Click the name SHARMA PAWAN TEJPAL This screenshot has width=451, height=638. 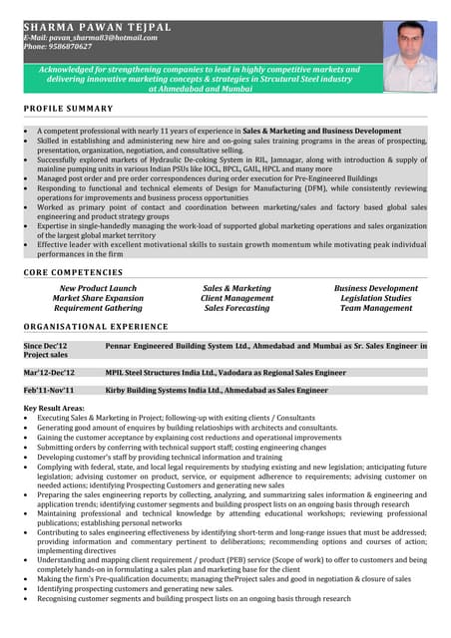click(x=97, y=26)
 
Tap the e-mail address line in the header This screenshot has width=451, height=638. click(x=90, y=37)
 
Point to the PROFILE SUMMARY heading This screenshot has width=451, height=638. click(x=68, y=108)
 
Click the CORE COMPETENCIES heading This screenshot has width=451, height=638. click(x=73, y=271)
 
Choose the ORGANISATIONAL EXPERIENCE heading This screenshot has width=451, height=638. click(x=96, y=326)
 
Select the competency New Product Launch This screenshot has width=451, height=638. click(x=98, y=288)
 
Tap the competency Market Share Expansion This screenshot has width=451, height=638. click(x=98, y=298)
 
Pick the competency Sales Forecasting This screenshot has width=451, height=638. click(x=236, y=308)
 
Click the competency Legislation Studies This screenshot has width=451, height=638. click(x=375, y=298)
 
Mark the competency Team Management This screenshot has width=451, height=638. click(x=375, y=308)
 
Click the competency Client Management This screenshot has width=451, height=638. click(x=236, y=298)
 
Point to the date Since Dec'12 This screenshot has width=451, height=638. click(x=45, y=345)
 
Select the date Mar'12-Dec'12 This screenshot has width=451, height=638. click(x=49, y=372)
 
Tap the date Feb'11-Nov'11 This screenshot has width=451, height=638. click(x=49, y=391)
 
